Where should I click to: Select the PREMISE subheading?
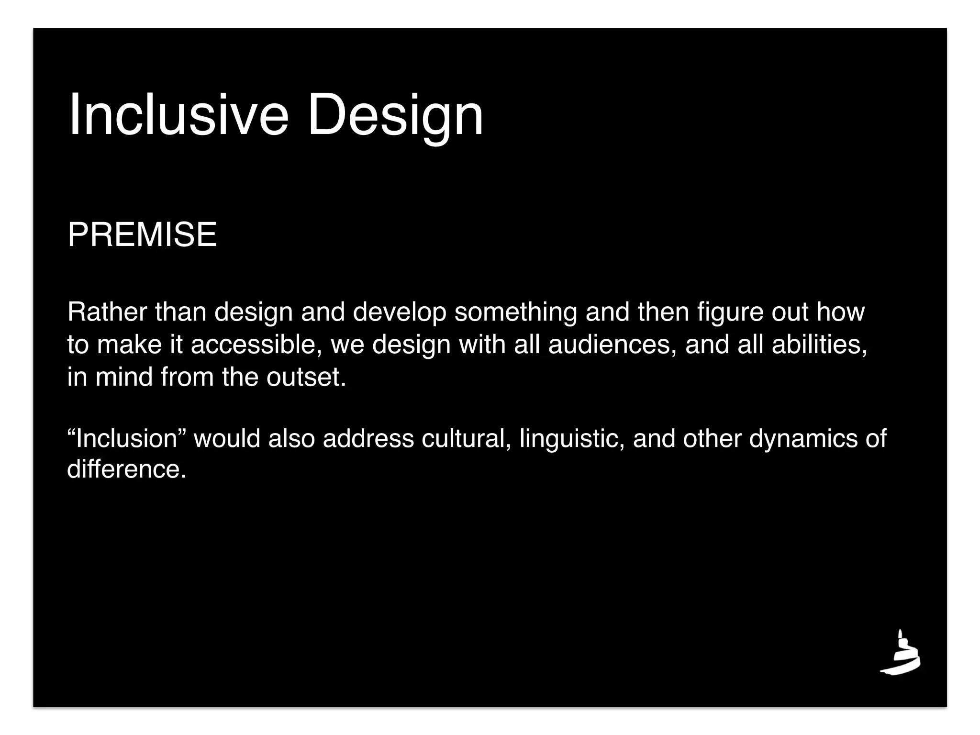pos(142,235)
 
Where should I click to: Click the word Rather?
pos(107,312)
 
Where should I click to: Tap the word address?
pos(368,438)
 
